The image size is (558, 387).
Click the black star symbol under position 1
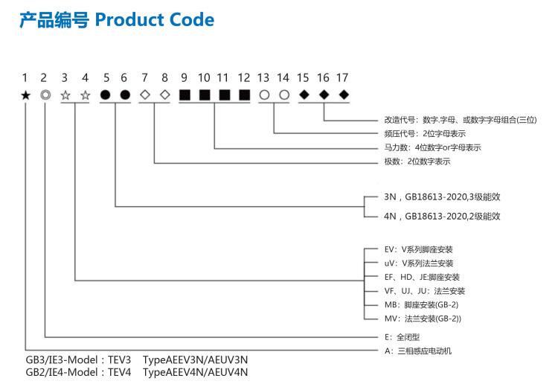(x=26, y=95)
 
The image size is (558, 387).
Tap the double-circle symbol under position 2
(x=45, y=95)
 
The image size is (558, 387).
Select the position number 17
(x=343, y=77)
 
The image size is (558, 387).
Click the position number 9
(x=185, y=77)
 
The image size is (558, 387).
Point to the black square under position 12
(x=244, y=95)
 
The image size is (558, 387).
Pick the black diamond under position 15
(x=304, y=95)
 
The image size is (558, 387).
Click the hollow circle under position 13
(x=264, y=95)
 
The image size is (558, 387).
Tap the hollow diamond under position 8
(x=165, y=95)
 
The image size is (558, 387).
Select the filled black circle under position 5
(x=105, y=95)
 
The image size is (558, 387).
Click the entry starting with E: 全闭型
(x=402, y=336)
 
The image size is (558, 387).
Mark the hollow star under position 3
(x=65, y=95)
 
